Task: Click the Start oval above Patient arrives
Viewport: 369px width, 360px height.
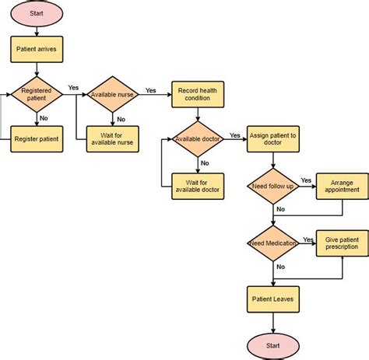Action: tap(37, 15)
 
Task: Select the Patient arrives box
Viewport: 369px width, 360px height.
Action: tap(37, 51)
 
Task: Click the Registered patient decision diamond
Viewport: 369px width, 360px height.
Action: tap(37, 95)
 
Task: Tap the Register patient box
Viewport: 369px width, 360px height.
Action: tap(37, 139)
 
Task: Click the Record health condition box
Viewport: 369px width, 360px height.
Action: tap(198, 94)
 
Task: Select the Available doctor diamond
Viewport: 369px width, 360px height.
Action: tap(198, 138)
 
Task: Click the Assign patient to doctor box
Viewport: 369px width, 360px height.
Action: tap(272, 139)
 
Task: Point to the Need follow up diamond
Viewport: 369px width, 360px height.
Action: tap(272, 187)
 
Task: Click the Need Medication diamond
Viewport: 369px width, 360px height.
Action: tap(272, 244)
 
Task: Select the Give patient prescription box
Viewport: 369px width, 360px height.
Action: tap(342, 243)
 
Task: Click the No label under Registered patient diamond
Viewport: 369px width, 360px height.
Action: tap(44, 119)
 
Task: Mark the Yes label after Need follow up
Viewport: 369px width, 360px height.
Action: tap(306, 180)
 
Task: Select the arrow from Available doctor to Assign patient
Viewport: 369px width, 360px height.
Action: tap(234, 139)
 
